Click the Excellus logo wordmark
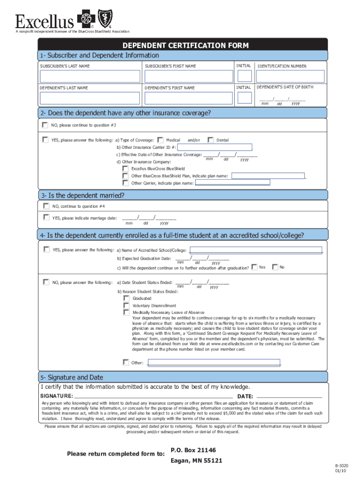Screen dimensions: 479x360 click(x=45, y=21)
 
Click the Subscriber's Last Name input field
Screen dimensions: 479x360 click(x=90, y=77)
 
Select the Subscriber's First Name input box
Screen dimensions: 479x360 click(x=188, y=77)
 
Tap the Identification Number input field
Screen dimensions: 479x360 click(x=290, y=77)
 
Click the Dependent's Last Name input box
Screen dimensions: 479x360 click(x=90, y=98)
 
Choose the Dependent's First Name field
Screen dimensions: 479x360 click(x=188, y=98)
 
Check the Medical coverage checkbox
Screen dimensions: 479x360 click(x=160, y=140)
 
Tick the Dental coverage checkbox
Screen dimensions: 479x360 click(x=210, y=140)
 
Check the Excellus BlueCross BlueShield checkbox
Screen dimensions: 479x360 click(x=125, y=168)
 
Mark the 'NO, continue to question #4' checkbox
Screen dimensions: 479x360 click(x=45, y=206)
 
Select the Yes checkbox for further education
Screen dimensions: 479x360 click(x=254, y=267)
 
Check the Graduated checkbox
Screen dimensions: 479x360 click(x=126, y=298)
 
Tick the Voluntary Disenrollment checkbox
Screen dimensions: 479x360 click(x=126, y=305)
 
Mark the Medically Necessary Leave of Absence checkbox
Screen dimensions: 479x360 click(x=126, y=312)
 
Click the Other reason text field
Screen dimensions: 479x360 click(x=214, y=362)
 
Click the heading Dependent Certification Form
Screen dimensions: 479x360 click(x=185, y=45)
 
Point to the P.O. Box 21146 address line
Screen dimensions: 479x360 click(x=193, y=450)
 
